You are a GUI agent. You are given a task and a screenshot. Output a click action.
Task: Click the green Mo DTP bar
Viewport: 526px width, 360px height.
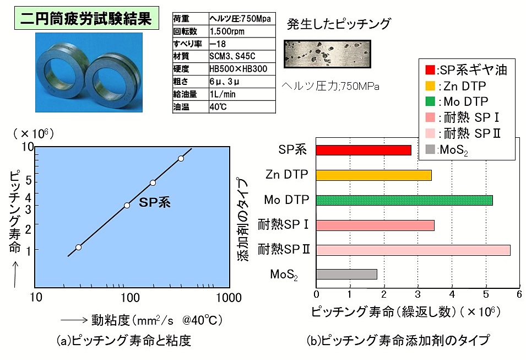pyautogui.click(x=404, y=200)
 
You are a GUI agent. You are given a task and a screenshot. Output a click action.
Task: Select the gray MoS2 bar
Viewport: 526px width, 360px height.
pyautogui.click(x=346, y=275)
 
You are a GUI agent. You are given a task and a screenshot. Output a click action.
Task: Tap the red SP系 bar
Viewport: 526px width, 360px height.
pyautogui.click(x=364, y=150)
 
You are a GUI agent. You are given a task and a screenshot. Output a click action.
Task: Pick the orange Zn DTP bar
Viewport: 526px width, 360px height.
pyautogui.click(x=373, y=175)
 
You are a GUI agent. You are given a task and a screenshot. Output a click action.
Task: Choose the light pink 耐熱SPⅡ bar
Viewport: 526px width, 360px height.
pyautogui.click(x=413, y=250)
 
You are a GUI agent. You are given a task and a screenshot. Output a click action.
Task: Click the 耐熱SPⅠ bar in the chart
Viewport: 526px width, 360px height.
pyautogui.click(x=376, y=225)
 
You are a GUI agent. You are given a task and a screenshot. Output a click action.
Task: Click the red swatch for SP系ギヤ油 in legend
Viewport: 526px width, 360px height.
pyautogui.click(x=430, y=70)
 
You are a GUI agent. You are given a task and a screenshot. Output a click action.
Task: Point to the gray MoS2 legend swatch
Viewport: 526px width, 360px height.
pyautogui.click(x=430, y=149)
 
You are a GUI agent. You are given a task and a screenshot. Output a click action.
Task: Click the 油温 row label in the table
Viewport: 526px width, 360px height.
pyautogui.click(x=181, y=107)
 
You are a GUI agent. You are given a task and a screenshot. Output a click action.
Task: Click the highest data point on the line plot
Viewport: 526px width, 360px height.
pyautogui.click(x=181, y=159)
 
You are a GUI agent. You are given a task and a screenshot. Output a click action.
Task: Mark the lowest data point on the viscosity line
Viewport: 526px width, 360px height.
pyautogui.click(x=79, y=248)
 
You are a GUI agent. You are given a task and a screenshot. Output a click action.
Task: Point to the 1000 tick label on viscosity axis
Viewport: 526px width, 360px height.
pyautogui.click(x=229, y=298)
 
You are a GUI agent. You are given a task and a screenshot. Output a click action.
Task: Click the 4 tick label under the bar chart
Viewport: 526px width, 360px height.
pyautogui.click(x=452, y=294)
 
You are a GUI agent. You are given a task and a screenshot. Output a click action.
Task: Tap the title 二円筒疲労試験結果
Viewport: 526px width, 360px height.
pyautogui.click(x=86, y=18)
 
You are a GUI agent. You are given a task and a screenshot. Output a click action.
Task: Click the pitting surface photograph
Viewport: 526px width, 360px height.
pyautogui.click(x=327, y=53)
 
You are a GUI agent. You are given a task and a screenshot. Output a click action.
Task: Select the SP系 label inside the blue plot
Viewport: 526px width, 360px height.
pyautogui.click(x=155, y=202)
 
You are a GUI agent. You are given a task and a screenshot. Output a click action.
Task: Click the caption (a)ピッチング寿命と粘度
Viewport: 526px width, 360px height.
pyautogui.click(x=124, y=341)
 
